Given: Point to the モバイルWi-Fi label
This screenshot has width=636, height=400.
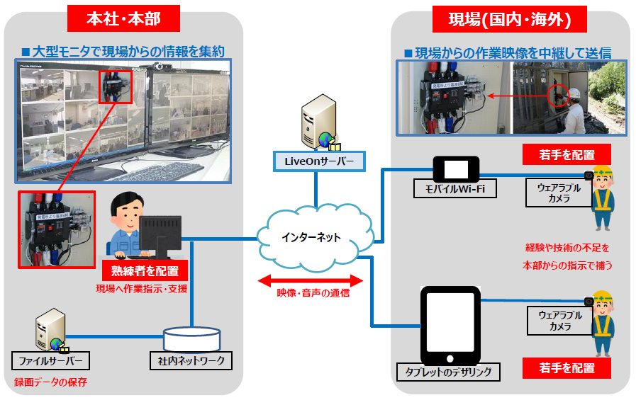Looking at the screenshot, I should [x=455, y=189].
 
